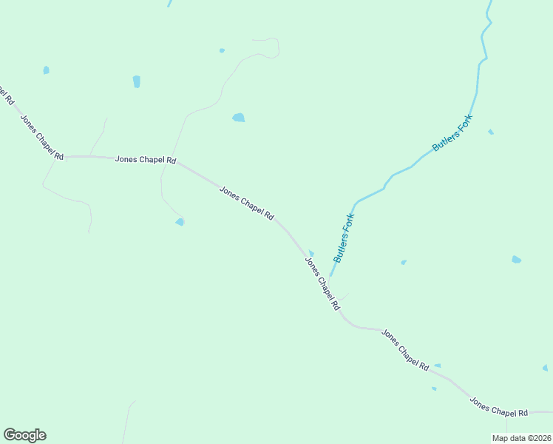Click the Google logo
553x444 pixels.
pos(24,435)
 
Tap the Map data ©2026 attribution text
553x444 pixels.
pos(520,438)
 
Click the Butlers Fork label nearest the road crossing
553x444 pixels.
pos(345,238)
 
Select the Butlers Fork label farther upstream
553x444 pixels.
pos(452,134)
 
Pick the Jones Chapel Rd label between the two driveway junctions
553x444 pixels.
pos(146,159)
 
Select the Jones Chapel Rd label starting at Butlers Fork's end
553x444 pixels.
pos(322,283)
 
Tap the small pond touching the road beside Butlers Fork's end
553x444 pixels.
pos(311,253)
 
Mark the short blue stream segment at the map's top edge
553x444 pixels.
pos(169,3)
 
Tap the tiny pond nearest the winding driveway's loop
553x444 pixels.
pos(222,50)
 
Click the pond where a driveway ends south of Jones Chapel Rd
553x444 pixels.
pos(180,221)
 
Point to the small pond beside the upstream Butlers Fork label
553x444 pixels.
pos(490,132)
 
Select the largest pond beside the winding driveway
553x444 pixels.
pos(238,117)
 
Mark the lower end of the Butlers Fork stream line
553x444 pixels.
pos(331,274)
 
